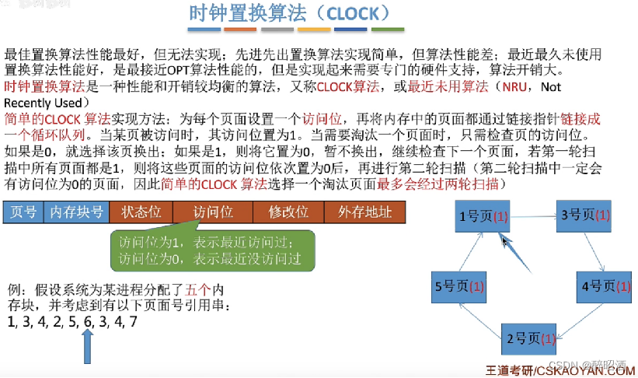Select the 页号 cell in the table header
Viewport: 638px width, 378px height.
(23, 212)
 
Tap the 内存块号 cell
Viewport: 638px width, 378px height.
(76, 212)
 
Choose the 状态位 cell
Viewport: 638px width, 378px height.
(141, 212)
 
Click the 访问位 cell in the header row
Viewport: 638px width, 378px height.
(212, 212)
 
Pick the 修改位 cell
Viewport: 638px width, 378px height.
(288, 212)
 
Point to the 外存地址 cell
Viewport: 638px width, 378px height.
(364, 212)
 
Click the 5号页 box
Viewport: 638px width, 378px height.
(461, 285)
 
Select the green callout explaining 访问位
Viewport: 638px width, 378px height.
(211, 250)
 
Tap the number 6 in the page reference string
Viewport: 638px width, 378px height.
(87, 320)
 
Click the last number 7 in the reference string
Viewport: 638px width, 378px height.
(134, 320)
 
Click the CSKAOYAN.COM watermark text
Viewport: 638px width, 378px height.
(590, 370)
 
